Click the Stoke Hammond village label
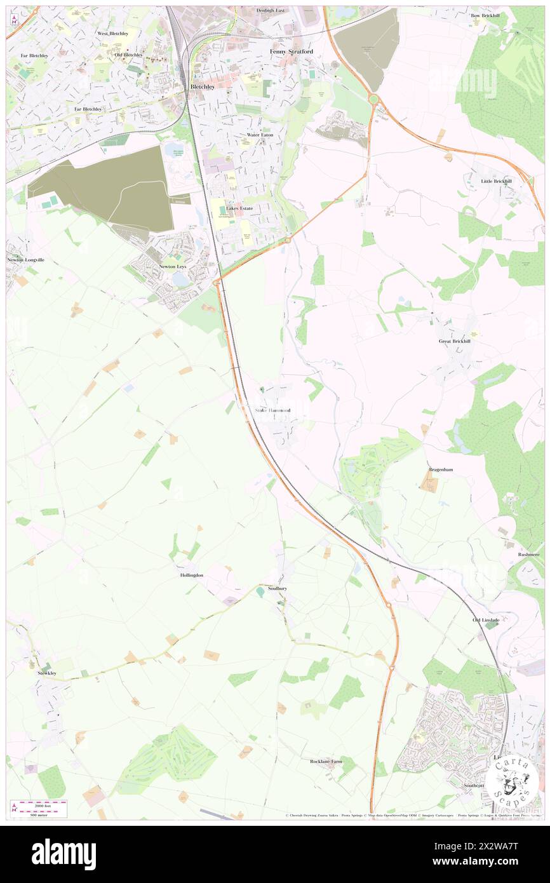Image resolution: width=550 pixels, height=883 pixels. tap(272, 410)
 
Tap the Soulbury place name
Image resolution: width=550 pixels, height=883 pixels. tap(278, 588)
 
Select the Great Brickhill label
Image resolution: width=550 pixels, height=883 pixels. tap(455, 341)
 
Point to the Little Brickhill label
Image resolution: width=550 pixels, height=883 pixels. tap(496, 181)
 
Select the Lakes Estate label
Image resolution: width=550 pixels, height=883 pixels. tap(239, 208)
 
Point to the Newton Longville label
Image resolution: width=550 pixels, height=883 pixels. tap(26, 260)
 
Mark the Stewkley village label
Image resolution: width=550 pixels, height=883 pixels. tap(46, 673)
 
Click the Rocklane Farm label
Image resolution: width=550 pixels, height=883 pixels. tap(326, 761)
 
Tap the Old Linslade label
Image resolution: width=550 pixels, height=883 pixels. tap(486, 619)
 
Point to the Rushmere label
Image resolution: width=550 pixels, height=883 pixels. tap(528, 554)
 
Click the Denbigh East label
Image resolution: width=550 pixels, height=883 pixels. tap(271, 10)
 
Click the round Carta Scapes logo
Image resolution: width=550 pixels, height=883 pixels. tap(514, 782)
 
